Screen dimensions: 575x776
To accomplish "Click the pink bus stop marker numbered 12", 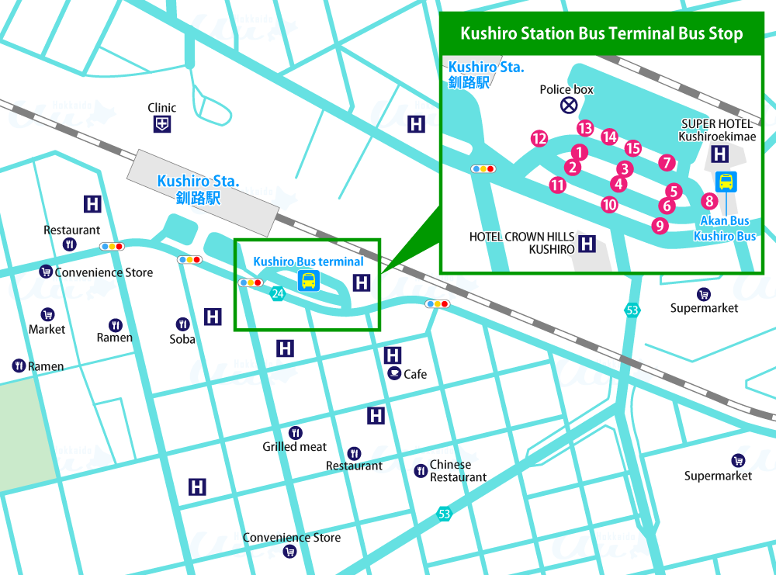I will [x=539, y=139].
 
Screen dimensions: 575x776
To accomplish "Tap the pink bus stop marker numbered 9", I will [x=660, y=226].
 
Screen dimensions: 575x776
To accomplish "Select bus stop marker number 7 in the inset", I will [x=666, y=162].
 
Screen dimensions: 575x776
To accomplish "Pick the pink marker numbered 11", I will [x=557, y=185].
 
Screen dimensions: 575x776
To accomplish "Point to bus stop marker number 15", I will [x=632, y=148].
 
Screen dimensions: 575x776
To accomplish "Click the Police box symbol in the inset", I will [x=569, y=105].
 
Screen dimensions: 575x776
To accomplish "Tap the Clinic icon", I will [x=161, y=123].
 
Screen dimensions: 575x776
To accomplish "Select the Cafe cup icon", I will [x=394, y=374].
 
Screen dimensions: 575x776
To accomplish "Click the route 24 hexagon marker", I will [x=277, y=293].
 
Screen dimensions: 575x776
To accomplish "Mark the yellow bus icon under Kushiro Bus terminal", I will [x=308, y=281].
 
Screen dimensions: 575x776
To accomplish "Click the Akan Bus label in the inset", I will [x=725, y=221].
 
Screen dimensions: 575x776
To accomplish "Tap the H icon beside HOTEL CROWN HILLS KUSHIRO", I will [x=587, y=244].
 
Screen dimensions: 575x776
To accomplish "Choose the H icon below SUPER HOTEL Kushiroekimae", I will [x=719, y=154].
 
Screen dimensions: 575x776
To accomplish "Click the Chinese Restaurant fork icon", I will [x=420, y=470].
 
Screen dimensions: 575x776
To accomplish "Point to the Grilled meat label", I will [x=294, y=447].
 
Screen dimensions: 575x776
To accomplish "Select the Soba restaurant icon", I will [x=182, y=324].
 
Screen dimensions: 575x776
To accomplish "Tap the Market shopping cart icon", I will [x=47, y=314].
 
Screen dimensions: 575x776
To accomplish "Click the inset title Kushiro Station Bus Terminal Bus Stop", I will [x=601, y=34].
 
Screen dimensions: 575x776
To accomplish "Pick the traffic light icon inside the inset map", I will [x=483, y=168].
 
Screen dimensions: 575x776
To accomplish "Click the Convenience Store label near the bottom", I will [x=291, y=538].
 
